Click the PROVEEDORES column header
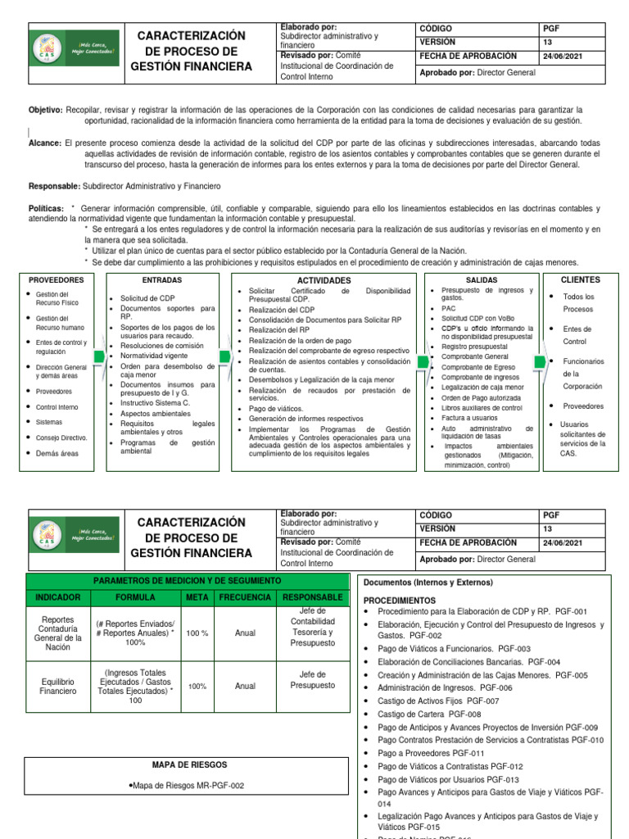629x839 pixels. point(57,280)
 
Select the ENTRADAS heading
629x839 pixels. point(162,280)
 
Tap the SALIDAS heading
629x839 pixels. point(482,280)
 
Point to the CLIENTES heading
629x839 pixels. point(580,280)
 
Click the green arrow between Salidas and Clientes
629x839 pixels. point(540,361)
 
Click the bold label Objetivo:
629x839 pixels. point(46,109)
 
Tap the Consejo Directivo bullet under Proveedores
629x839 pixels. point(61,438)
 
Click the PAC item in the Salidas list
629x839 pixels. point(449,308)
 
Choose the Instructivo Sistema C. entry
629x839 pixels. point(155,403)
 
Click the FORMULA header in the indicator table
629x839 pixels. point(135,598)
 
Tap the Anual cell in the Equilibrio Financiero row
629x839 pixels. point(245,686)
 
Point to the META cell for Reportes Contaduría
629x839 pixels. point(197,633)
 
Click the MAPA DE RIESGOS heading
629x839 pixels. point(189,764)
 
